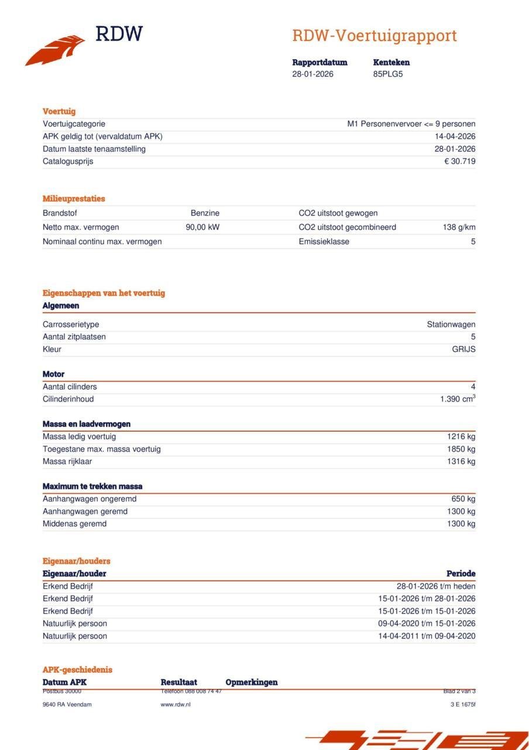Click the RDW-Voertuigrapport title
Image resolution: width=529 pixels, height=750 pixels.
(x=375, y=36)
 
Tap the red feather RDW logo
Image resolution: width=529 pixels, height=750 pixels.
(x=56, y=50)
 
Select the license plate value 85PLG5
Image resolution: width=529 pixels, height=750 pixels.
(x=388, y=74)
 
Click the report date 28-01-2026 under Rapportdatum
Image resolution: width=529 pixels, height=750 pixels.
(x=313, y=74)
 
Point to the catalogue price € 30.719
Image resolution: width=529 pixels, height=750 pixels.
(x=459, y=161)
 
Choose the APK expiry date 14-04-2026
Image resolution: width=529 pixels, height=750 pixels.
(x=455, y=137)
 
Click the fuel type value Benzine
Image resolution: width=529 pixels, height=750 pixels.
(x=205, y=213)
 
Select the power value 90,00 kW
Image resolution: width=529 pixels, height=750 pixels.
(x=202, y=227)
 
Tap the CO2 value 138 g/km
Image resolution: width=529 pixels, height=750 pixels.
(x=459, y=227)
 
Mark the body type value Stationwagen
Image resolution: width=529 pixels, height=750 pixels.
(x=451, y=325)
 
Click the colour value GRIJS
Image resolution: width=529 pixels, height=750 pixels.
(x=463, y=349)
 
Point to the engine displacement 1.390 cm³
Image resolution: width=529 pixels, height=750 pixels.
(x=458, y=399)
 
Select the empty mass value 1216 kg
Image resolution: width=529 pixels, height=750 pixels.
(x=461, y=437)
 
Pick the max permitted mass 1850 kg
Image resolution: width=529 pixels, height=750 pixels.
(x=461, y=449)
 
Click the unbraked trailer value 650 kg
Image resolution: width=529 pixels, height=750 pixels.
(x=463, y=499)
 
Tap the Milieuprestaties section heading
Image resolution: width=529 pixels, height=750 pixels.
(x=74, y=199)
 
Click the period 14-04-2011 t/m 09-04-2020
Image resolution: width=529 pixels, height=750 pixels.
(x=427, y=636)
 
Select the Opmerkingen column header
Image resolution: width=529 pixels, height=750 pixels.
(x=252, y=682)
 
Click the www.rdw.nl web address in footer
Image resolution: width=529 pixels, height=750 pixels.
(x=176, y=704)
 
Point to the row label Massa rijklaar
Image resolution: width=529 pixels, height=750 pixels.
(x=67, y=462)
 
